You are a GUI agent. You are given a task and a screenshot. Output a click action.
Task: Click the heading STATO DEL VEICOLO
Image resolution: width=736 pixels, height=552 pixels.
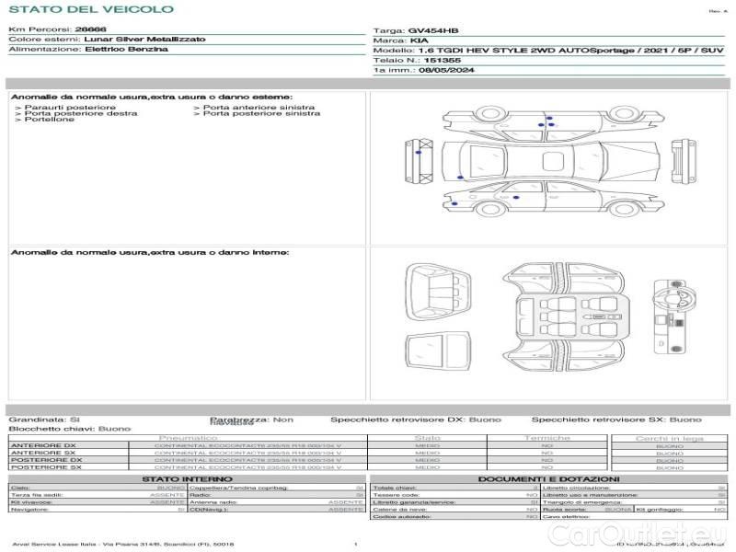point(90,9)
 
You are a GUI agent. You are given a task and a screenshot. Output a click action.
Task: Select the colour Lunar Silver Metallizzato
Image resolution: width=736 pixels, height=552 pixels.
point(144,40)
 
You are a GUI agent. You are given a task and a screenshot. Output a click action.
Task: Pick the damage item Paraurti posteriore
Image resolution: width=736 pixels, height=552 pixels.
point(56,108)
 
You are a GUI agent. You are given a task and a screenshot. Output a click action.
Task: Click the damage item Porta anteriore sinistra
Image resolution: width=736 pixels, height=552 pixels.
point(259,108)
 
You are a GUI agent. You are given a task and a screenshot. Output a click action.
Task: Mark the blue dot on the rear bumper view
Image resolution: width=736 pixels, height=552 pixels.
point(419,154)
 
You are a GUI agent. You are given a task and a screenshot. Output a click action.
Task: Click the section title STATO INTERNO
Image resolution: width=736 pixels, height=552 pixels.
point(187,479)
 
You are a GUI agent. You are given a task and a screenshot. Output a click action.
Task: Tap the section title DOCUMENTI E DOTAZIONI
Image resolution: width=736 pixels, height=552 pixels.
point(547,479)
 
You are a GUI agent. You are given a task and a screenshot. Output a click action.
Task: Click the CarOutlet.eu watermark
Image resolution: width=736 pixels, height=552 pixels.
point(667,533)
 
